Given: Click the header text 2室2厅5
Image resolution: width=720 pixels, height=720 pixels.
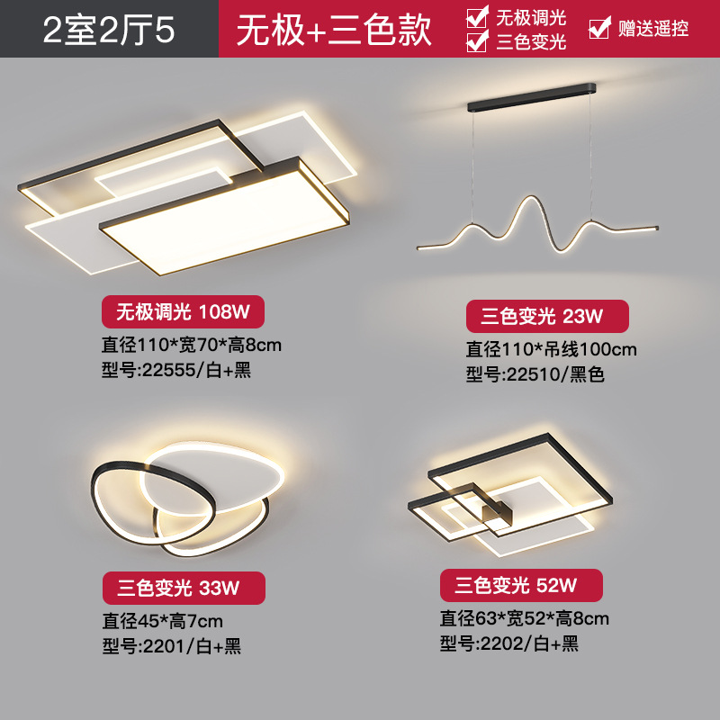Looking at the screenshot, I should coord(108,30).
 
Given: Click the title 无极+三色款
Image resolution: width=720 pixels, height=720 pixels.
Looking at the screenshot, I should coord(334,30).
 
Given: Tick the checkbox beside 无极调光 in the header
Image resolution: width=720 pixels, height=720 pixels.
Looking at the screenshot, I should coord(478,17).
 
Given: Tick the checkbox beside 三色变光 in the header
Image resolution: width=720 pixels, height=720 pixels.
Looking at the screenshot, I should coord(478,41).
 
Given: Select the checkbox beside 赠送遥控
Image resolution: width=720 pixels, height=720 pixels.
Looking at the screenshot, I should coord(598,29).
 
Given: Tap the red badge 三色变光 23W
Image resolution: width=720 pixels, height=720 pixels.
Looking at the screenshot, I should coord(546,316).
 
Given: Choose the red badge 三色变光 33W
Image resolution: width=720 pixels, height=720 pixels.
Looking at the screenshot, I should coord(183,589).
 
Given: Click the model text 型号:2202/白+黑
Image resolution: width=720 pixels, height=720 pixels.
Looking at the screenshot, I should coord(508,643).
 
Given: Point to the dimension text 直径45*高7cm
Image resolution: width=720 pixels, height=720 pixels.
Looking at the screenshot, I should coord(162,620).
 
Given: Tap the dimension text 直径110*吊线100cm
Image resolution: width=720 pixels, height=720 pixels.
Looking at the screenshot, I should coord(551,349).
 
